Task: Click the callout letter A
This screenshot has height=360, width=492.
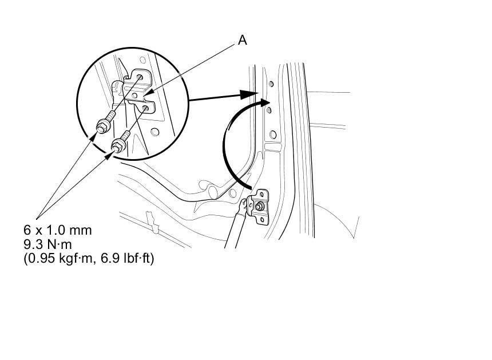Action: (x=243, y=40)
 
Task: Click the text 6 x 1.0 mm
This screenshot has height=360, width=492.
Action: (x=57, y=230)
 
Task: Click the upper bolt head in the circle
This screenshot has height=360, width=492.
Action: (x=103, y=125)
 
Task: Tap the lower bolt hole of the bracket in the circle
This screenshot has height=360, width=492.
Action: (x=148, y=107)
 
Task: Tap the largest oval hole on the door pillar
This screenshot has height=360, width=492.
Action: (x=273, y=135)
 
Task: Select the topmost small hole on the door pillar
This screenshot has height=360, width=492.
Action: (x=271, y=84)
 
